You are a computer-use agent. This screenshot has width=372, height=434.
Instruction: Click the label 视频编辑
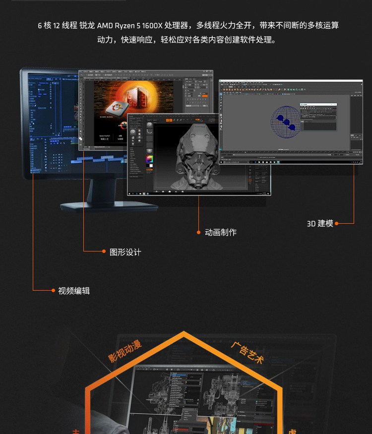(74, 291)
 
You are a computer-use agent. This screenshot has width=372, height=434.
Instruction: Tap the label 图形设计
(125, 252)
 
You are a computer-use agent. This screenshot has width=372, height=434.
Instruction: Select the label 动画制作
(220, 232)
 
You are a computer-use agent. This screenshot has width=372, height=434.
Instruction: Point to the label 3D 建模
(319, 223)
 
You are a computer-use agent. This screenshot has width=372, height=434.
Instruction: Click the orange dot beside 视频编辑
(53, 290)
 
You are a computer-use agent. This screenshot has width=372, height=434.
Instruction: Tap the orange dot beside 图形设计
(104, 251)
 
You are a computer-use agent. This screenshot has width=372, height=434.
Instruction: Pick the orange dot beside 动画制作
(199, 232)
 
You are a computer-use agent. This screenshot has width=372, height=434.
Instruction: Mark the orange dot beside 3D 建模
(337, 223)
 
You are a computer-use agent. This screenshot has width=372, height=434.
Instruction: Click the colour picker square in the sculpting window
(149, 160)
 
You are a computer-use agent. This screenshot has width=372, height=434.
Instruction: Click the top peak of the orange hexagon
(184, 332)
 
